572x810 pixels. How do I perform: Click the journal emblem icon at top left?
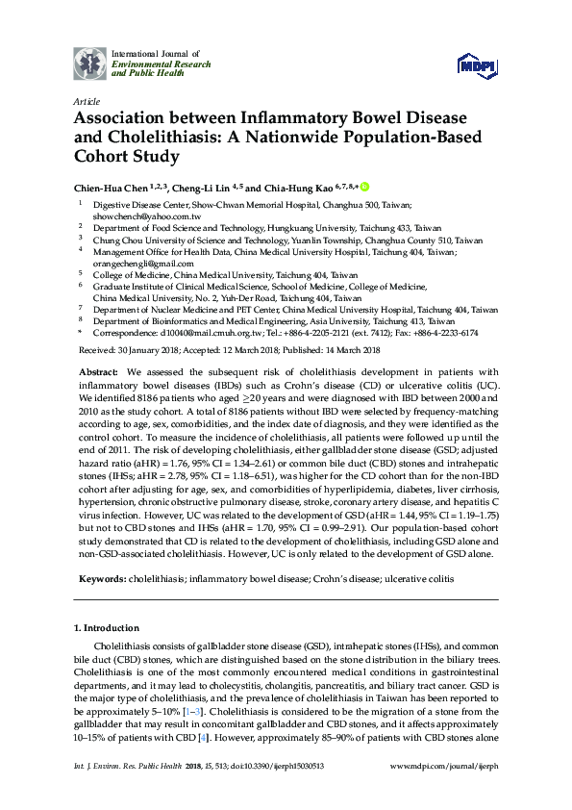point(91,63)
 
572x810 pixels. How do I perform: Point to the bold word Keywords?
point(100,581)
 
